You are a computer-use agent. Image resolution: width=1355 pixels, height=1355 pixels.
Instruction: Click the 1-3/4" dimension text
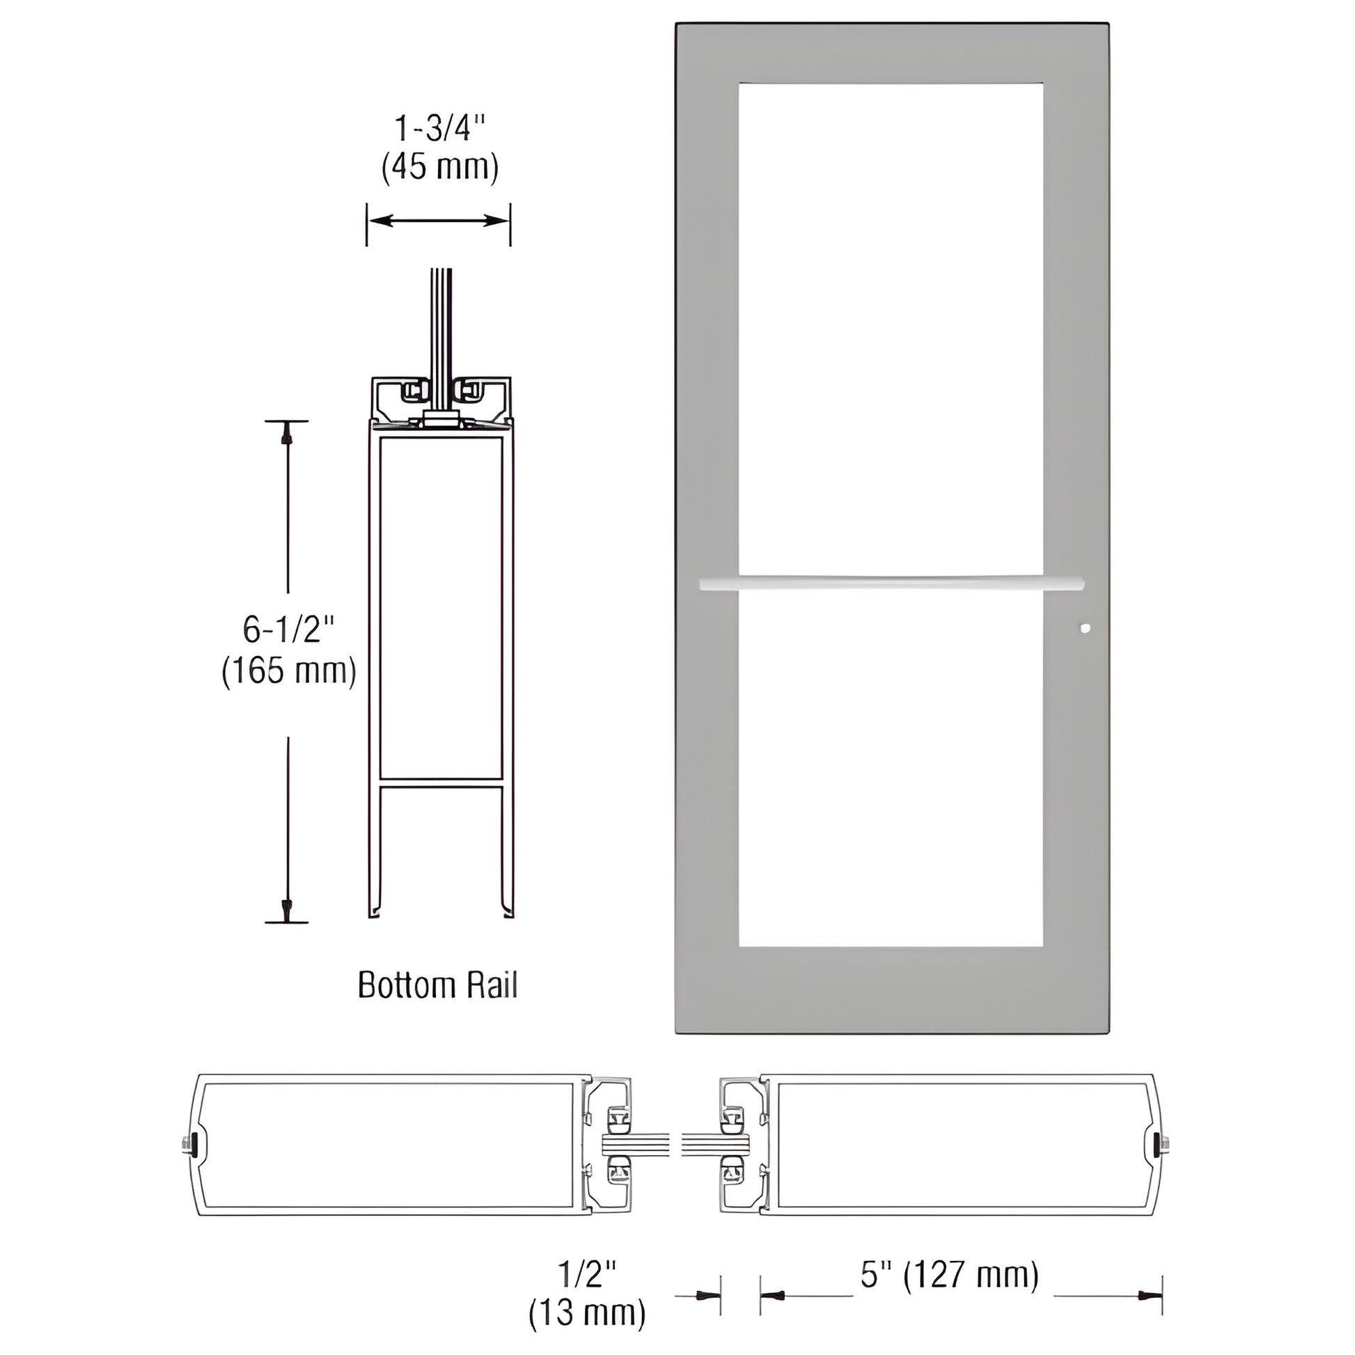pos(439,130)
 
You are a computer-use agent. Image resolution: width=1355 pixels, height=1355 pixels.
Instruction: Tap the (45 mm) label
pos(440,168)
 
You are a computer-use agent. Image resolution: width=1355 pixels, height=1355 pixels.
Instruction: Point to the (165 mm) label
pos(289,671)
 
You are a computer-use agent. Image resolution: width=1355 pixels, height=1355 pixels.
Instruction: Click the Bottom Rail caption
pos(438,985)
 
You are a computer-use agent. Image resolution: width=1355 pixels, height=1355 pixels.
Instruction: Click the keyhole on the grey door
pos(1086,628)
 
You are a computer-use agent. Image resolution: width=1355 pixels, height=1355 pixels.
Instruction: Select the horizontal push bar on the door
pos(891,583)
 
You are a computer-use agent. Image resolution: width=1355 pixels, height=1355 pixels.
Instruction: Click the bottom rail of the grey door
pos(891,989)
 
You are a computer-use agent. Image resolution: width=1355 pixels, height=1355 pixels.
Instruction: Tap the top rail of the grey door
pos(891,54)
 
